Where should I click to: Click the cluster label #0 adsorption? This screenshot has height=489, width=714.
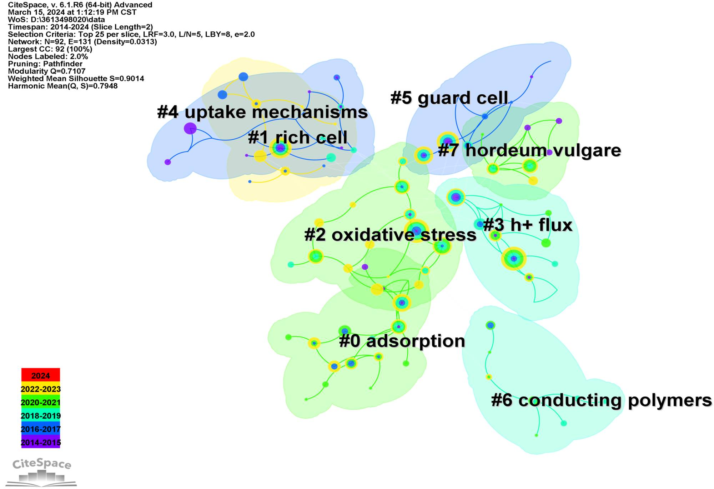402,341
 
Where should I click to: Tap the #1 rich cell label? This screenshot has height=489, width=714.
297,138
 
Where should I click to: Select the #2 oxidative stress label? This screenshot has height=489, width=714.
390,235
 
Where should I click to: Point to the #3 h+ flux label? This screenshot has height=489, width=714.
528,225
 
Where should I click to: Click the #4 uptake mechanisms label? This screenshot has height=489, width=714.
262,112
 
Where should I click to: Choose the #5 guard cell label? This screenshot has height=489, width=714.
449,98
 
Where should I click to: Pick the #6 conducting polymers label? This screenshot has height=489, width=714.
601,400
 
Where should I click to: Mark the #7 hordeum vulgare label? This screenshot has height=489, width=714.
529,150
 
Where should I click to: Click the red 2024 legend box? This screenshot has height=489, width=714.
40,375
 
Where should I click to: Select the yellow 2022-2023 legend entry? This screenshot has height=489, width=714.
40,389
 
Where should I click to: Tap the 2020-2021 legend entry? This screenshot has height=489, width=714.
40,402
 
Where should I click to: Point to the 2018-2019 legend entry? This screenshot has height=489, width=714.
40,415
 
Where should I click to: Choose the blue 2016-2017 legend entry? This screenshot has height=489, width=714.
40,429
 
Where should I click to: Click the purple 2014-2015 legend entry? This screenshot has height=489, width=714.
40,442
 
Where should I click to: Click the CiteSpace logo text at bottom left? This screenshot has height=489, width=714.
42,464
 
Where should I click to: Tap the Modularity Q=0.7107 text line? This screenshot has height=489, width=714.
47,71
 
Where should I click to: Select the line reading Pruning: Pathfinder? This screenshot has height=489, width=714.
45,64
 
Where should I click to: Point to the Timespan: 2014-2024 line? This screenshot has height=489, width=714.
80,27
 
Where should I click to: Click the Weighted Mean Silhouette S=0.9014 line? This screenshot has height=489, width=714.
76,79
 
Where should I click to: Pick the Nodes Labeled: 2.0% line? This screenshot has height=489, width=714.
48,56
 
